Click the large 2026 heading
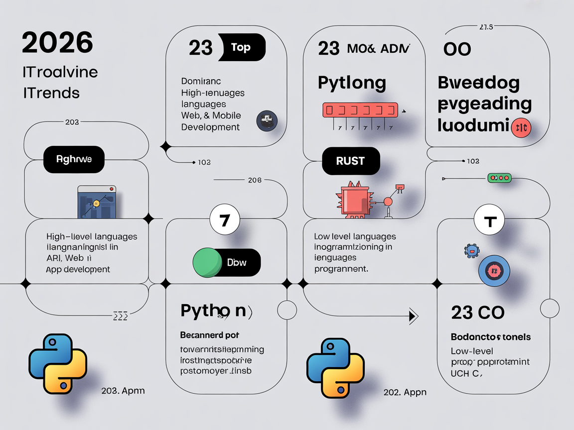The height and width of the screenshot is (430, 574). tap(57, 43)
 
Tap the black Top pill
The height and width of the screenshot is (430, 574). tap(242, 48)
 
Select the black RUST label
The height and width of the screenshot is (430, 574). tap(351, 161)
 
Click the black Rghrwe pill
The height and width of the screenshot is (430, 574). tap(74, 159)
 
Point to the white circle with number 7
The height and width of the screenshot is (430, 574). tap(225, 219)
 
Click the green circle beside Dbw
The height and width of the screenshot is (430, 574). tap(208, 262)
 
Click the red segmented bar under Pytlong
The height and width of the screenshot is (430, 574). tap(360, 109)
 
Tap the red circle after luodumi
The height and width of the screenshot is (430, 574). tap(521, 128)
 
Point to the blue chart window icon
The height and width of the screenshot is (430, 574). tap(97, 202)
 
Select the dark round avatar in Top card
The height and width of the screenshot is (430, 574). tap(267, 121)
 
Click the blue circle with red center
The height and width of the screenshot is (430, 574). tap(494, 271)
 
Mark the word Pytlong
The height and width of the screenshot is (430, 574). tap(352, 83)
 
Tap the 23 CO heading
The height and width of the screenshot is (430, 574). tap(477, 312)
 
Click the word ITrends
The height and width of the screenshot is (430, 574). tap(51, 92)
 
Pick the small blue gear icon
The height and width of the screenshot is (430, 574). tap(470, 250)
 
